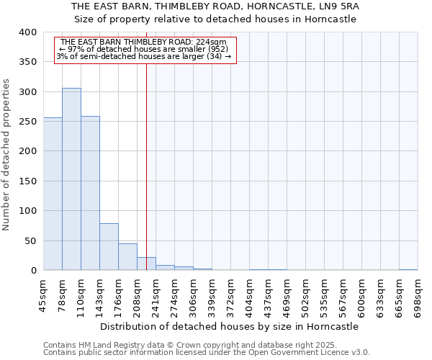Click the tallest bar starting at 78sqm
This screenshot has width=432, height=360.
(71, 179)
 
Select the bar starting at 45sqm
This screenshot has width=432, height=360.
(53, 194)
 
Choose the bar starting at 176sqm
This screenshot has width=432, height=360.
(127, 257)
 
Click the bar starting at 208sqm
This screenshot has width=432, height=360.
(146, 264)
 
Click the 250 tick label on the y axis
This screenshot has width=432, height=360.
(28, 122)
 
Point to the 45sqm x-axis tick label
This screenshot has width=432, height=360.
(44, 295)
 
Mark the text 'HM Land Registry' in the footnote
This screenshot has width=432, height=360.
(106, 345)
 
